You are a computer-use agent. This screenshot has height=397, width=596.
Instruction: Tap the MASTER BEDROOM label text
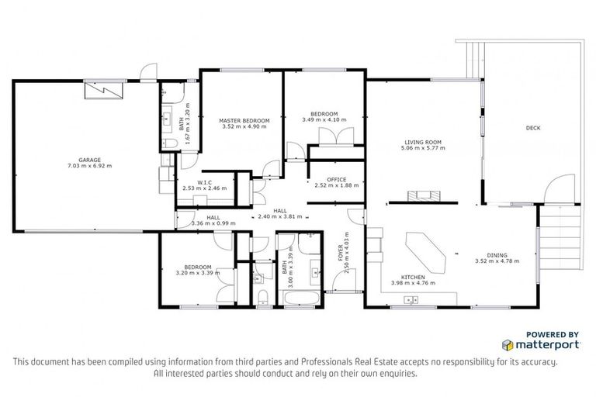(244, 121)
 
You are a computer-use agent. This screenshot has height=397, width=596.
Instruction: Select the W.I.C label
(205, 182)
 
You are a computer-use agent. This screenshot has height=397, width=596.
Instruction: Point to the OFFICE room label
(336, 179)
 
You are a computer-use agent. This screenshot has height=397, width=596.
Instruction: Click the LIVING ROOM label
(422, 142)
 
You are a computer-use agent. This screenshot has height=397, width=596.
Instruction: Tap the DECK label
(532, 128)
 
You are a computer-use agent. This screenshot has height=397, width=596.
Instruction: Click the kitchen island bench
(423, 251)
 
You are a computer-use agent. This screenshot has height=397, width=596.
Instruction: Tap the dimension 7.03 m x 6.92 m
(89, 165)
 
